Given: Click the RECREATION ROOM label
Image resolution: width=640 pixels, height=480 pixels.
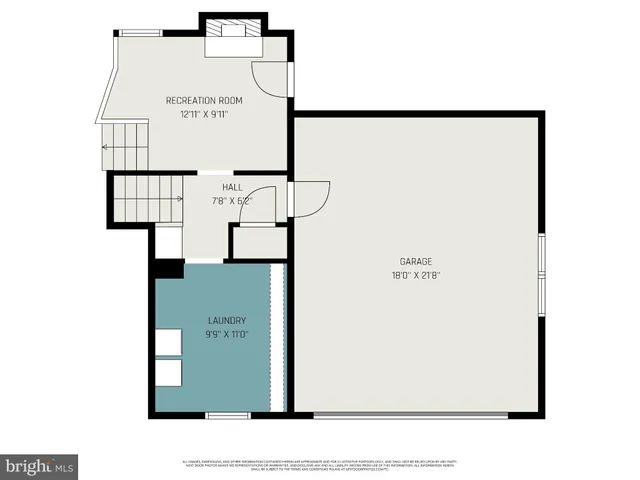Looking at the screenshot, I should click(x=204, y=100).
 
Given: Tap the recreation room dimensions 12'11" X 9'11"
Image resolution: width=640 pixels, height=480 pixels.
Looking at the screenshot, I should click(x=204, y=114).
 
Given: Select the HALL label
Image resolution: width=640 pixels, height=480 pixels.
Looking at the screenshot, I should click(x=232, y=186).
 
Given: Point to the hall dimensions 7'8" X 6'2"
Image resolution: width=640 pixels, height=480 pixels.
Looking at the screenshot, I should click(x=232, y=200).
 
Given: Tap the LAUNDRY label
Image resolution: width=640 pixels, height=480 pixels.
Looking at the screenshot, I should click(x=227, y=320).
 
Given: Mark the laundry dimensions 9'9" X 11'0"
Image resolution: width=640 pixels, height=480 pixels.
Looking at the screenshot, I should click(x=227, y=334).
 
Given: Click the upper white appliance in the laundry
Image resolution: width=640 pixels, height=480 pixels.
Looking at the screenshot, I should click(x=169, y=341).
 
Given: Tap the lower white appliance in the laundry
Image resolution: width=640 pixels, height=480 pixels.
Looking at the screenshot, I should click(x=169, y=373).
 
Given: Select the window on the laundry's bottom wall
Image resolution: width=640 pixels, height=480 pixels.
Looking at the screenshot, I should click(x=227, y=414).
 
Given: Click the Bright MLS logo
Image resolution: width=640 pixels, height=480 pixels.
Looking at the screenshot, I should click(x=40, y=466).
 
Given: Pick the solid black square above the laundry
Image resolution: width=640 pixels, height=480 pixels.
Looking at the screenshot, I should click(x=168, y=268).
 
